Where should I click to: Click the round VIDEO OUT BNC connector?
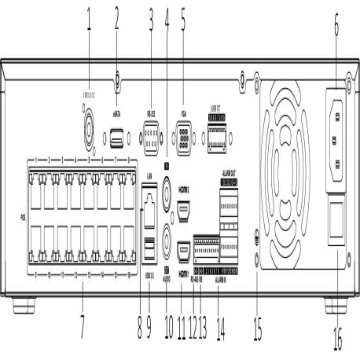[x=90, y=125]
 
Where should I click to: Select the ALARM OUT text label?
[x=230, y=171]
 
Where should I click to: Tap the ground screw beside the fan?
[x=258, y=240]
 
